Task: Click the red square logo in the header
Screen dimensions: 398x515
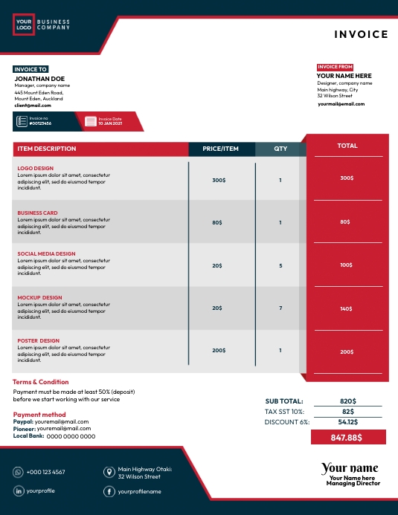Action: pyautogui.click(x=23, y=25)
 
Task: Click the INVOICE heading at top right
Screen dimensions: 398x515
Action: pyautogui.click(x=361, y=34)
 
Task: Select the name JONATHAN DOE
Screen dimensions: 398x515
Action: pyautogui.click(x=39, y=78)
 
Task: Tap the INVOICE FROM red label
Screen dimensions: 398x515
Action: pyautogui.click(x=335, y=67)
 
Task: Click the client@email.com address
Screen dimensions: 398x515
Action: pyautogui.click(x=33, y=106)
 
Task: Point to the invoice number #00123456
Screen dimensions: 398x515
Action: pyautogui.click(x=42, y=123)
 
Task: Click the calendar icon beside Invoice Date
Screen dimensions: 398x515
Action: pyautogui.click(x=91, y=120)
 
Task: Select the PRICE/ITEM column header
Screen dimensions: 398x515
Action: pyautogui.click(x=221, y=149)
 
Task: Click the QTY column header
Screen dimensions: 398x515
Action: pyautogui.click(x=280, y=149)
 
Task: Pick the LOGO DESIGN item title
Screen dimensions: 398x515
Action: pyautogui.click(x=36, y=169)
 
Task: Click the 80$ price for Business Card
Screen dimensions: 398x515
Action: pyautogui.click(x=217, y=222)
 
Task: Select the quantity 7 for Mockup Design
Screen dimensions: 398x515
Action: pyautogui.click(x=280, y=308)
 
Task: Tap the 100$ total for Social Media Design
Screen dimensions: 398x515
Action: pyautogui.click(x=347, y=265)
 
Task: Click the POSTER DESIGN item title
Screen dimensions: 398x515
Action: pyautogui.click(x=39, y=341)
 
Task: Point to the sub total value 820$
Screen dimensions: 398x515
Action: pyautogui.click(x=348, y=401)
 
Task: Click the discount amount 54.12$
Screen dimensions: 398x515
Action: pyautogui.click(x=348, y=421)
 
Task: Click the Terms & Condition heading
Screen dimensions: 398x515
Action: pyautogui.click(x=41, y=382)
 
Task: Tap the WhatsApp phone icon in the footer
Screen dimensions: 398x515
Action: pyautogui.click(x=18, y=472)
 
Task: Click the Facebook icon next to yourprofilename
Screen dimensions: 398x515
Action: pyautogui.click(x=109, y=491)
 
